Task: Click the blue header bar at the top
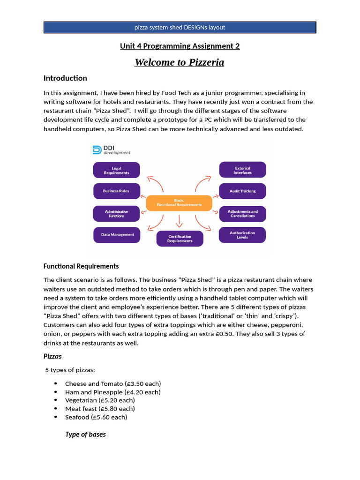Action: [180, 27]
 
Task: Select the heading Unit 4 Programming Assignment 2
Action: [180, 46]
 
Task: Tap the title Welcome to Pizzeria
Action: [180, 62]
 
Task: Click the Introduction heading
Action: [65, 78]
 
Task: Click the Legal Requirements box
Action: [116, 170]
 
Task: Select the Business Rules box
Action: [116, 191]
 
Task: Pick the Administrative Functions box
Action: [116, 214]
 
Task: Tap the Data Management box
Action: [116, 235]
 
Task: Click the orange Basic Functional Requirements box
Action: [179, 202]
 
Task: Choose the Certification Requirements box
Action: [180, 239]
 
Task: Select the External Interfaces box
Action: [242, 170]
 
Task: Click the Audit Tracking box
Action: [242, 191]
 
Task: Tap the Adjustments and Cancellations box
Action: [242, 214]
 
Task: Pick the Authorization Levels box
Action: [242, 235]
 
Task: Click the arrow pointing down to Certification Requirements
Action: [180, 220]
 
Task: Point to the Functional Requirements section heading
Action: [81, 266]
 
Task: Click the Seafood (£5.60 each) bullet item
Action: [96, 417]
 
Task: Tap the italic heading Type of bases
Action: [85, 435]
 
